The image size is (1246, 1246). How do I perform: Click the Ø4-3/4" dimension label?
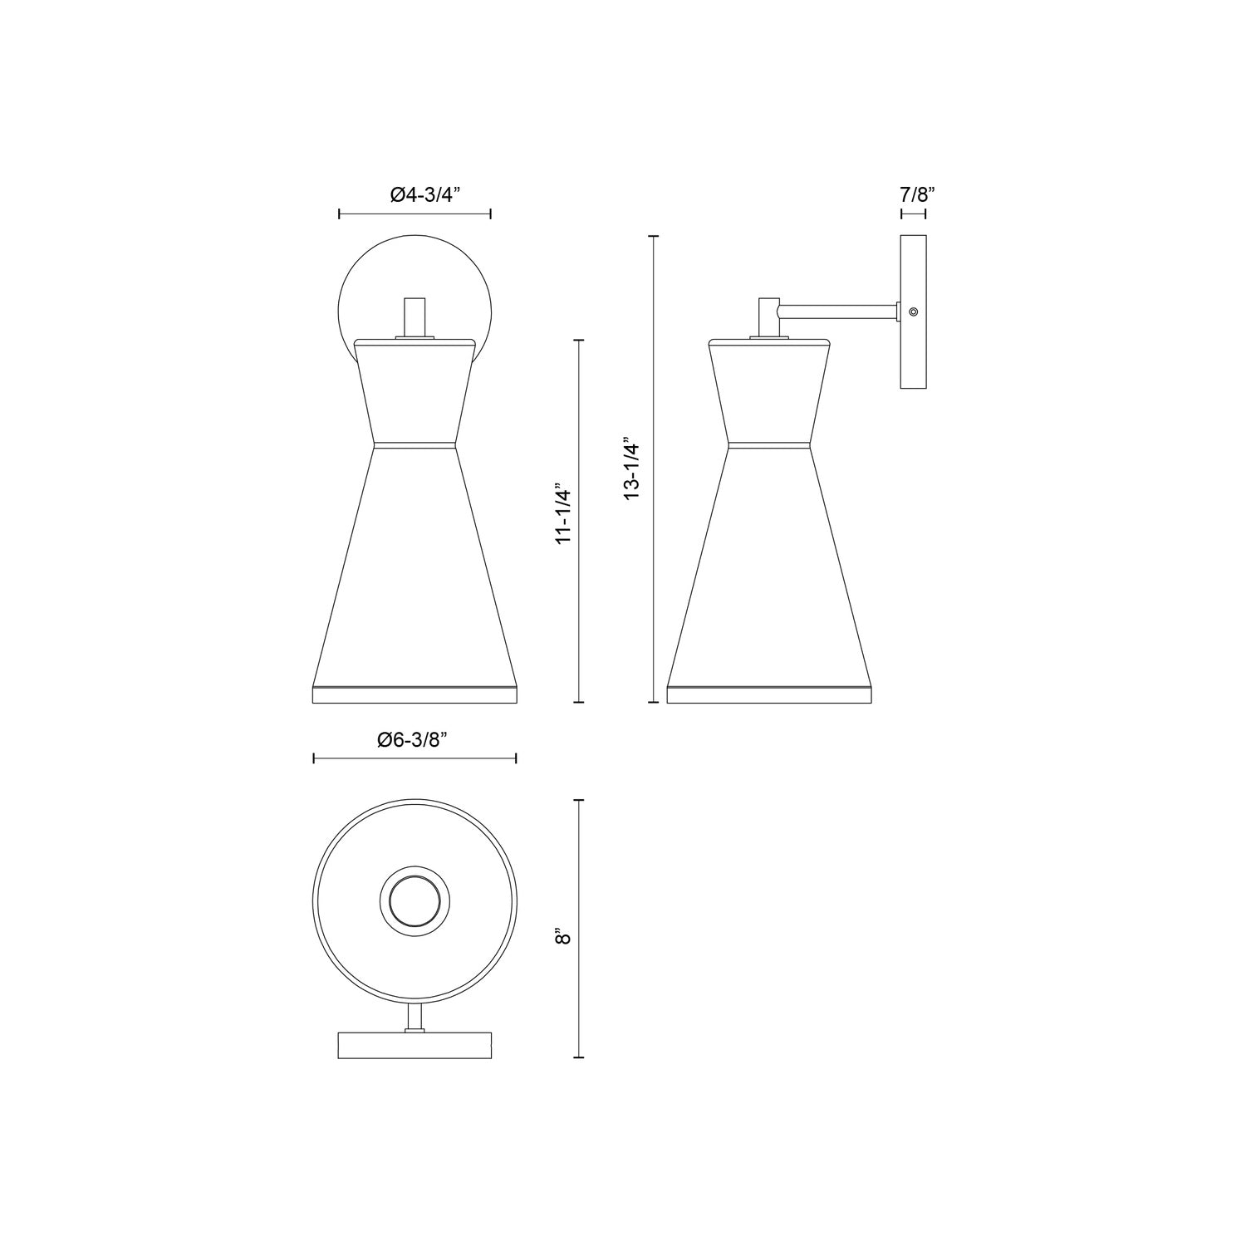coord(415,194)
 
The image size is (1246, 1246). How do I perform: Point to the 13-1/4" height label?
coord(634,470)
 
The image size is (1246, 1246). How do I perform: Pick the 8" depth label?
coord(565,938)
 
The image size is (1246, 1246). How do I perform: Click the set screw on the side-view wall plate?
coord(914,311)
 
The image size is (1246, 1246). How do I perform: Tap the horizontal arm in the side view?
coord(839,311)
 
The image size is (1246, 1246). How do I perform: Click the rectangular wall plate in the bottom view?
coord(415,1046)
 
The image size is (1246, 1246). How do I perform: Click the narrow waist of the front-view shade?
coord(415,444)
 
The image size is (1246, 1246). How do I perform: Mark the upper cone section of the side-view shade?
coord(769,390)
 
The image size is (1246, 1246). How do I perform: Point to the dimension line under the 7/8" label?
coord(913,214)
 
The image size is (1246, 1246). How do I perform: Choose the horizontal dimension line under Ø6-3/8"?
coord(415,758)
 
